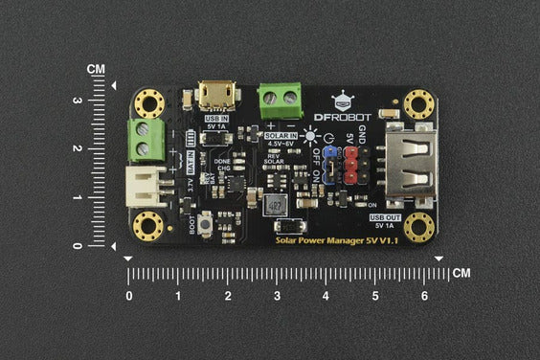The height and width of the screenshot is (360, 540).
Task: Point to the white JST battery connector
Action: [x=145, y=184]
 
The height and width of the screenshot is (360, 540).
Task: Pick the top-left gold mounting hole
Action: [x=147, y=101]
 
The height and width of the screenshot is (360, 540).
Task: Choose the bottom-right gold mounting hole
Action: [x=417, y=226]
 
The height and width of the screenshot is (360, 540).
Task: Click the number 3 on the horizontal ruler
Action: [x=276, y=296]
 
